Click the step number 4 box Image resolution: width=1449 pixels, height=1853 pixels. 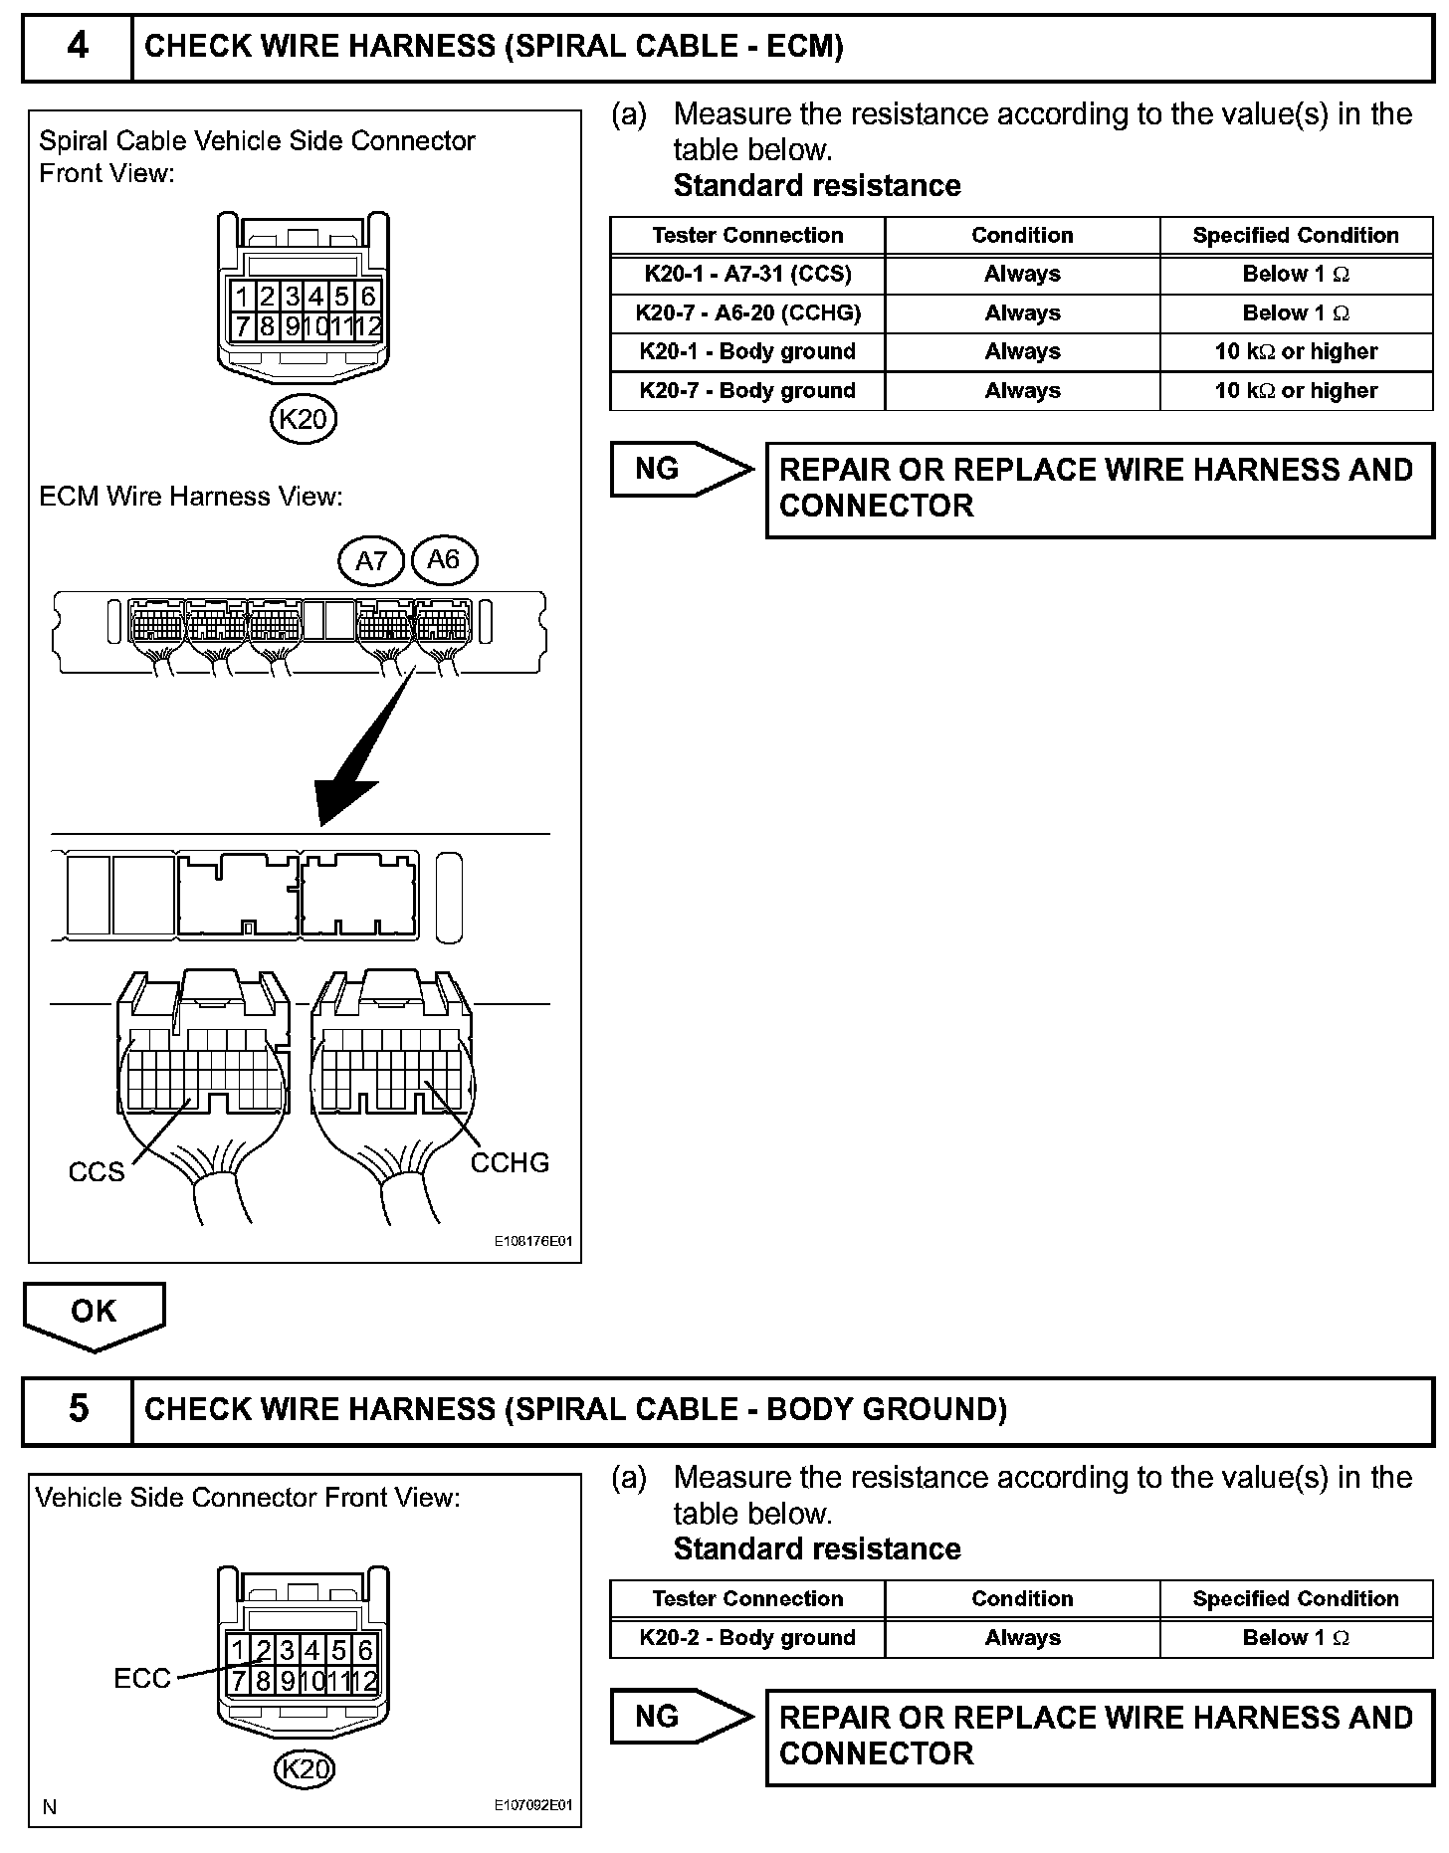pos(78,47)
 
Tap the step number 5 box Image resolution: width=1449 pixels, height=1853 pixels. pos(78,1409)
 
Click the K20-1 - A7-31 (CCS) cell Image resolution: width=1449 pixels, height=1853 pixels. pos(747,274)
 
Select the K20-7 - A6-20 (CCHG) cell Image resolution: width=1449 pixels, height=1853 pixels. pos(747,312)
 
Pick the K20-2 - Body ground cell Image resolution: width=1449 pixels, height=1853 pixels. pos(747,1637)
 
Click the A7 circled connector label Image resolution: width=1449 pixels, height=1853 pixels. pos(371,561)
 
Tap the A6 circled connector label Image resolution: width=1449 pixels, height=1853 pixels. pos(443,560)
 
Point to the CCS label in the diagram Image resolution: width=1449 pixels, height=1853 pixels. pos(97,1171)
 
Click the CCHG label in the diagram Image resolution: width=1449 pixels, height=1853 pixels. pos(510,1162)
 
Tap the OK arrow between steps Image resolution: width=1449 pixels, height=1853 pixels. pos(94,1314)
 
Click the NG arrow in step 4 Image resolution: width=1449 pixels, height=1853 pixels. pos(681,469)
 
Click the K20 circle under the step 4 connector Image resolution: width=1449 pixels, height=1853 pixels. pos(304,419)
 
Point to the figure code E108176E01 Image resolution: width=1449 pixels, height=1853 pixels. pos(533,1242)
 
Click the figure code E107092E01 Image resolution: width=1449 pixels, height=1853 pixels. pos(533,1805)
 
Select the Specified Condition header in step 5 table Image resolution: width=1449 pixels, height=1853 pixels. pos(1296,1598)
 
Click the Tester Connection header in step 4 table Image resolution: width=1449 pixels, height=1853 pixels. pos(747,235)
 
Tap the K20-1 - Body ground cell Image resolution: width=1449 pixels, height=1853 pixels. pos(747,351)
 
